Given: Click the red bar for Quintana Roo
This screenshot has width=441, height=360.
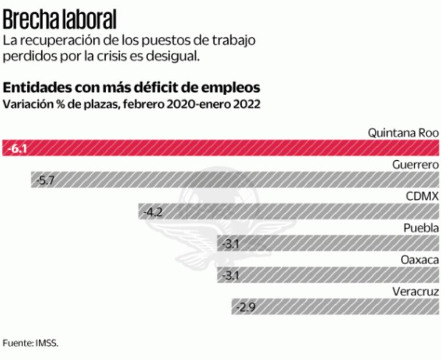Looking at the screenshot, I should pos(221,149).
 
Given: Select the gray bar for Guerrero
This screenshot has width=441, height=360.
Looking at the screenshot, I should pos(235,180).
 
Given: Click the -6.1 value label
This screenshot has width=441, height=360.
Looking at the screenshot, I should pos(17,149).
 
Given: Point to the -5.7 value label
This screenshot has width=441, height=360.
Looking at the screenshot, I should pos(45,180).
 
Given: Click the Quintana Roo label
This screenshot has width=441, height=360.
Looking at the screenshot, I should pos(403,132).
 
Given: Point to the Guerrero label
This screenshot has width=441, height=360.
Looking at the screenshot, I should pos(415,164).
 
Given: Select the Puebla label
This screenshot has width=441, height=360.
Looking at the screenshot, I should pos(421,228).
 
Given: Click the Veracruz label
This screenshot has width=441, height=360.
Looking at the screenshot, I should pos(415,291).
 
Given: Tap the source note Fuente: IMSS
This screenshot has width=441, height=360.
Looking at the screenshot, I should pos(30,343).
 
